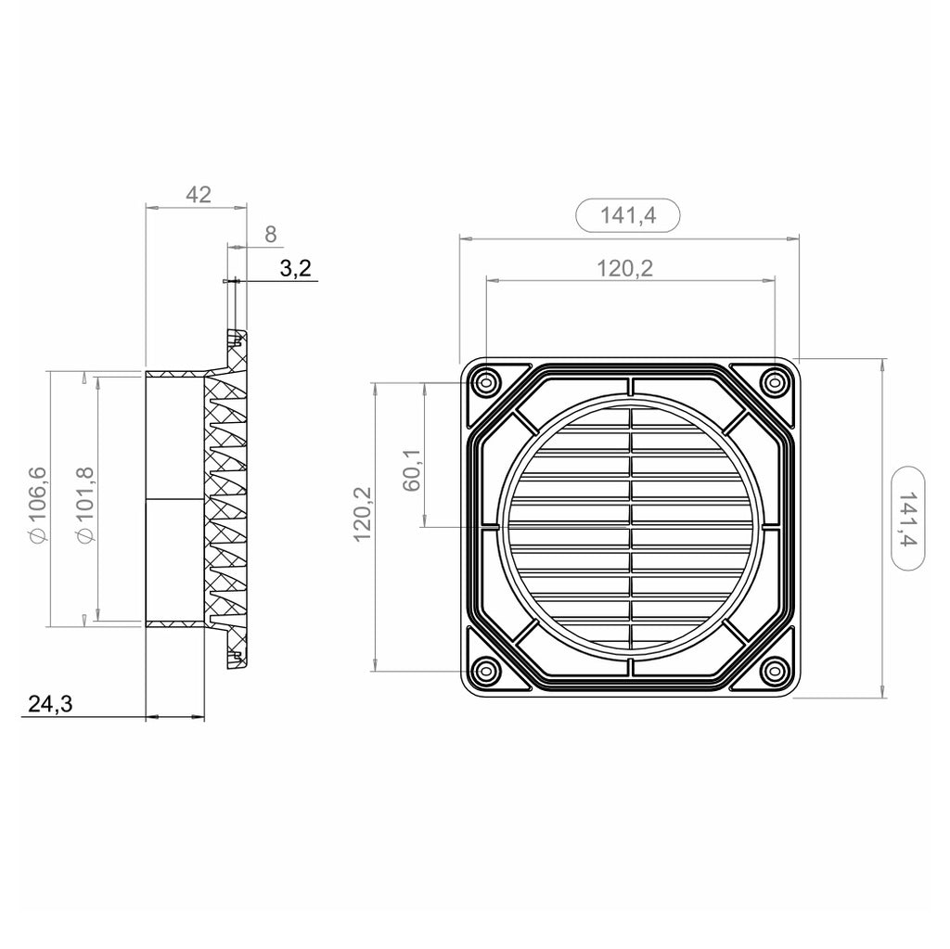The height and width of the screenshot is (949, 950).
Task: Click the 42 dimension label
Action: [x=199, y=195]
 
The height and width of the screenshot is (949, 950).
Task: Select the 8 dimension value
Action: [x=271, y=234]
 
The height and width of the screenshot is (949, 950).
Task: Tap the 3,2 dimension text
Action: [x=295, y=268]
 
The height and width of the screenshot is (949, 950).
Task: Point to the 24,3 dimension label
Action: [x=50, y=703]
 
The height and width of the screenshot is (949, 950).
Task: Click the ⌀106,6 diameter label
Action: [x=37, y=505]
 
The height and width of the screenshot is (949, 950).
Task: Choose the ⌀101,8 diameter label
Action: [x=85, y=505]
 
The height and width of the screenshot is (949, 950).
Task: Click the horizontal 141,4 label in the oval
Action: [x=628, y=215]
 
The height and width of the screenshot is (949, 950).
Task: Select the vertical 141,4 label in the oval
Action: [x=908, y=519]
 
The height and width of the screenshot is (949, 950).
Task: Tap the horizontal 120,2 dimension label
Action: [x=625, y=268]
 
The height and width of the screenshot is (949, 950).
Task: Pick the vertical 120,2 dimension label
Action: [x=363, y=515]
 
